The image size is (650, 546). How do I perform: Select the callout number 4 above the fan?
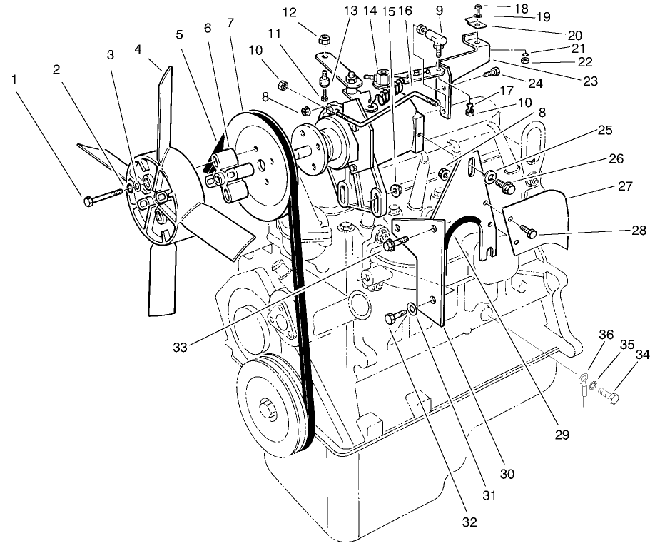pos(138,51)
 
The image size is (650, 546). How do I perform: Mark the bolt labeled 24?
pos(492,71)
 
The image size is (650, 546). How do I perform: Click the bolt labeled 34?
pos(607,392)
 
